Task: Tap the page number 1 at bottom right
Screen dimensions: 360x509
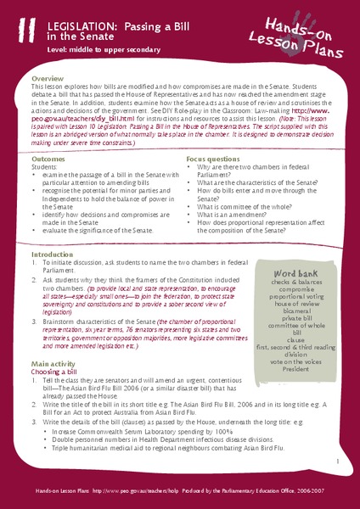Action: (x=337, y=462)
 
